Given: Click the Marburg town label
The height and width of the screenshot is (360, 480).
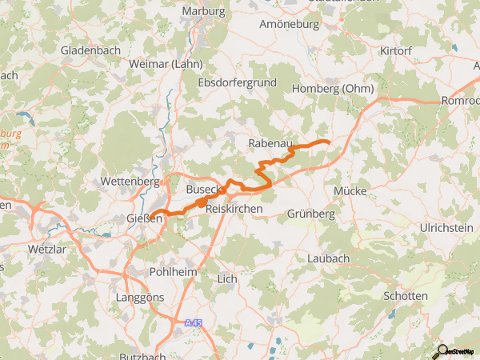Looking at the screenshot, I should [x=203, y=10].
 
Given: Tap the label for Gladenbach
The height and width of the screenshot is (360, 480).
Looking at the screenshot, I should [x=90, y=50].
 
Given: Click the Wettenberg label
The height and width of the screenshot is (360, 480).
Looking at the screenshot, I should [x=130, y=182].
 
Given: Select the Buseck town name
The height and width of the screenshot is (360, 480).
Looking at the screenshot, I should [x=202, y=190].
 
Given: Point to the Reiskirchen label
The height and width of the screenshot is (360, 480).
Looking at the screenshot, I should [x=234, y=208].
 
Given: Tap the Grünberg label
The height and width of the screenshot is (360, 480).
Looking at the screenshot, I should [x=310, y=214].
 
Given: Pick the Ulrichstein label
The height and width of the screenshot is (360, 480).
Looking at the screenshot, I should [x=446, y=229].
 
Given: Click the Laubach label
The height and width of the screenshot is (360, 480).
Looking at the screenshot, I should [x=328, y=258].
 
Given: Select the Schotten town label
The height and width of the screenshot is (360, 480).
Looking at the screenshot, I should [x=406, y=296].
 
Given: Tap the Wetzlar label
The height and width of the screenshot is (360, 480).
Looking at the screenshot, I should [x=46, y=249].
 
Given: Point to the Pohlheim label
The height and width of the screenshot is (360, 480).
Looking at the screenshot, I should [x=174, y=272].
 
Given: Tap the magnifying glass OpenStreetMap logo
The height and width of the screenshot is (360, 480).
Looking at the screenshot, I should [x=442, y=350].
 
